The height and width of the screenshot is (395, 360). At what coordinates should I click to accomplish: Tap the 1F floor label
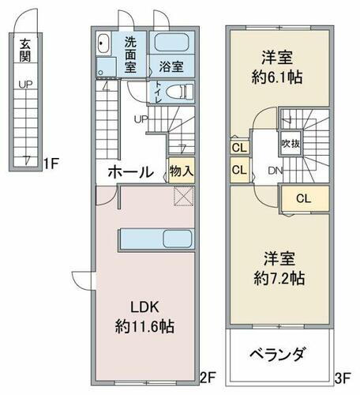tap(51, 164)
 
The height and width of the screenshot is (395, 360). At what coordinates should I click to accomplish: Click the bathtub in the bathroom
tap(172, 43)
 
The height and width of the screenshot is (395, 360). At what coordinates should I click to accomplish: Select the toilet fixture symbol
tap(179, 92)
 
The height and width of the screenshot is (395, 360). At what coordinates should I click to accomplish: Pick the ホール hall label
tap(130, 171)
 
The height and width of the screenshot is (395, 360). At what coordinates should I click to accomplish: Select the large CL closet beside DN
tap(302, 199)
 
